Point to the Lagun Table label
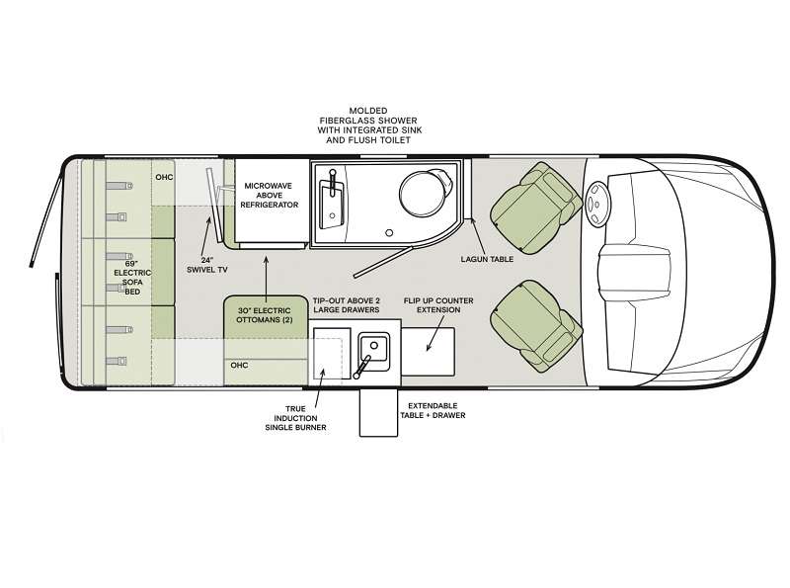[x=487, y=259]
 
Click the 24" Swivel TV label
[x=207, y=265]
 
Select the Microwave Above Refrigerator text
[x=270, y=195]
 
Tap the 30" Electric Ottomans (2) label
[x=265, y=315]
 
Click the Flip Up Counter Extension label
[x=438, y=305]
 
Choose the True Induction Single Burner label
[x=295, y=418]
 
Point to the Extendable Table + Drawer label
[x=433, y=410]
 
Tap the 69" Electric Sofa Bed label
[x=132, y=278]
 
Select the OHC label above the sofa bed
[x=164, y=177]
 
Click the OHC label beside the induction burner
[x=239, y=365]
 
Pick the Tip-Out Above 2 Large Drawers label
[x=347, y=305]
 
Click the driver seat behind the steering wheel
[x=535, y=208]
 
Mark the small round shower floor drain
[x=389, y=233]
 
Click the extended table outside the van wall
[x=378, y=413]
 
